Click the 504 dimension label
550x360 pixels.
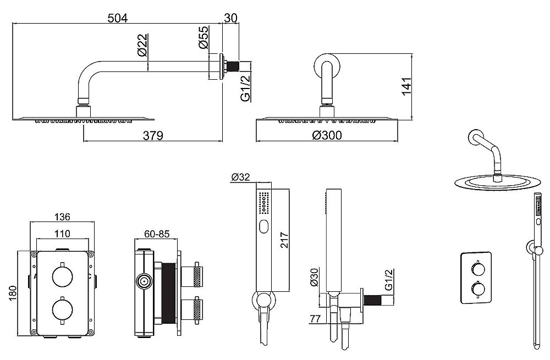click(x=118, y=18)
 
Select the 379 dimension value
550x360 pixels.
click(x=153, y=135)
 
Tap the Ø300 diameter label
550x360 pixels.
click(x=327, y=135)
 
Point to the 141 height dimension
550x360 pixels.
click(x=406, y=86)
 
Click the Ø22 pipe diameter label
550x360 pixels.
click(x=142, y=45)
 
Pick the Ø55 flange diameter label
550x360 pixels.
click(x=204, y=37)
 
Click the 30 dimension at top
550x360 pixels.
click(x=230, y=18)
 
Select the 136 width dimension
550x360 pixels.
click(x=62, y=217)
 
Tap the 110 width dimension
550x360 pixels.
click(x=63, y=234)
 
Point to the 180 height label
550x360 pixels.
click(x=12, y=293)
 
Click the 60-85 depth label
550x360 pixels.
click(x=157, y=234)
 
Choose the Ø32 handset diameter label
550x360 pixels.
click(x=241, y=178)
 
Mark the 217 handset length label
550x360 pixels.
click(x=284, y=240)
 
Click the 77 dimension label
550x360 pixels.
click(x=315, y=319)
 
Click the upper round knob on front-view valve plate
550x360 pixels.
click(x=63, y=275)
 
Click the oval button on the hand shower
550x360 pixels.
click(x=264, y=227)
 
